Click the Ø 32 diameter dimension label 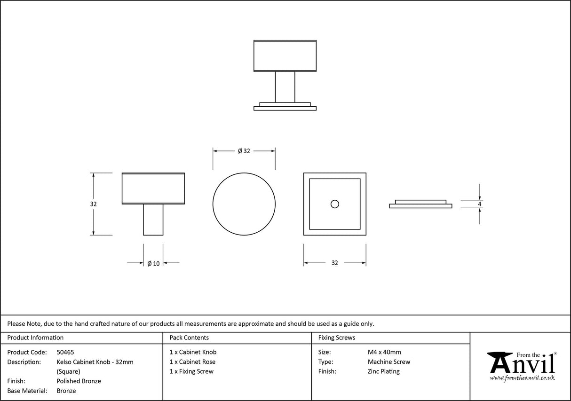pos(244,151)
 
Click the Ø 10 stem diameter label pos(153,263)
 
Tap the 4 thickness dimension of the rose pos(479,204)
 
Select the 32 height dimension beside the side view pos(93,204)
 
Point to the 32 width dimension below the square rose pos(334,263)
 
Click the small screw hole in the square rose pos(334,204)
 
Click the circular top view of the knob pos(244,204)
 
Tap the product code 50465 pos(65,352)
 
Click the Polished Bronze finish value pos(79,381)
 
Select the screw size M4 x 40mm pos(384,352)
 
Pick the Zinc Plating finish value pos(383,371)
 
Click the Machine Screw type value pos(389,362)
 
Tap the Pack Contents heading pos(189,338)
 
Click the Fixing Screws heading pos(337,338)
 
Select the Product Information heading pos(35,338)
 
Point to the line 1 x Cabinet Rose pos(192,362)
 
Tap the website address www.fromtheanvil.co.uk pos(522,378)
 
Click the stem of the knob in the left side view pos(153,220)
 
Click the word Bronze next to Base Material pos(66,391)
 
